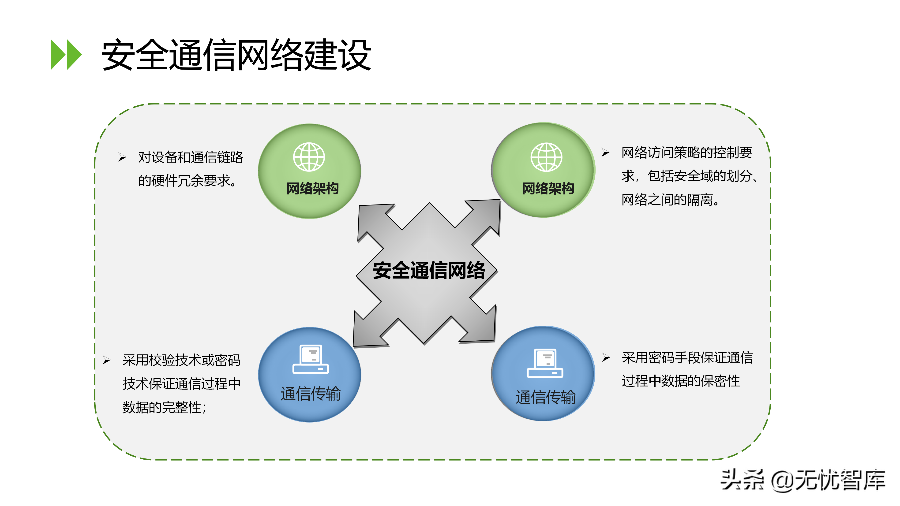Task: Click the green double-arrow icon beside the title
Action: (66, 55)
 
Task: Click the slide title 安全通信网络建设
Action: (236, 55)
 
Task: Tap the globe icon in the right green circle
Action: (546, 157)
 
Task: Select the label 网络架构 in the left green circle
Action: (312, 189)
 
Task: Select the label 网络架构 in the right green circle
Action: (548, 189)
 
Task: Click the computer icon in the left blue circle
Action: (311, 359)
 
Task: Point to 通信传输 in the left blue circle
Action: (311, 394)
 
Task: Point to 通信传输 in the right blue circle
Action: (545, 397)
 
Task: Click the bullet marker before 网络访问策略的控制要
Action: (605, 152)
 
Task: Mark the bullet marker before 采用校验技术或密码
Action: (107, 360)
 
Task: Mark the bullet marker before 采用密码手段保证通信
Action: (606, 357)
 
